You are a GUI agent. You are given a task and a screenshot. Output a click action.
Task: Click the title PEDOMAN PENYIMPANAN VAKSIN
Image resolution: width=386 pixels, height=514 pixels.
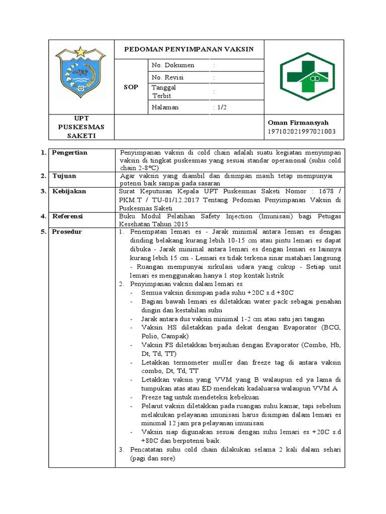tap(189, 49)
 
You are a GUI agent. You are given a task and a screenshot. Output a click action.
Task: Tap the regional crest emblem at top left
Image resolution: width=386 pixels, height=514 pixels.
tap(80, 73)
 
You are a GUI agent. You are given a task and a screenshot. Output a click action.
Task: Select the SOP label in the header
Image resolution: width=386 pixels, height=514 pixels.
tap(131, 87)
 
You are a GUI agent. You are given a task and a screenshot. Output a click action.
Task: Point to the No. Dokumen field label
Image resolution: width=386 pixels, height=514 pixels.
tap(172, 65)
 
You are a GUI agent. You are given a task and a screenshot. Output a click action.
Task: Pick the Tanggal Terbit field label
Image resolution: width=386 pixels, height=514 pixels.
tap(164, 91)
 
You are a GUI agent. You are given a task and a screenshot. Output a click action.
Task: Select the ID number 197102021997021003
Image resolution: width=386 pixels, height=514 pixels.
tap(302, 132)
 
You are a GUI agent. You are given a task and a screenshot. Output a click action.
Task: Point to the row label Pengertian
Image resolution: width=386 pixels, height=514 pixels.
tap(69, 152)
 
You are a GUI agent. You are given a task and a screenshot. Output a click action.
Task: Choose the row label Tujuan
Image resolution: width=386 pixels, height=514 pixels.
tap(64, 176)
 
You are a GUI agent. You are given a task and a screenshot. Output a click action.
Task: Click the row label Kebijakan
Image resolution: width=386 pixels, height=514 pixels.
tap(69, 191)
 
